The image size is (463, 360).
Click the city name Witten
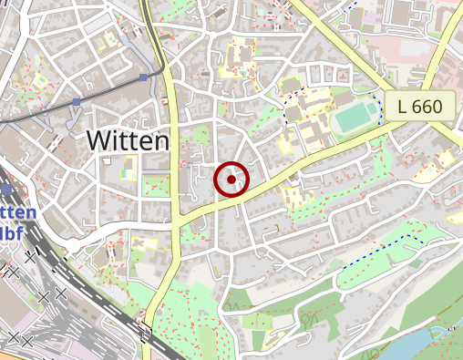point(129,141)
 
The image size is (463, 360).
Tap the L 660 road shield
point(420,107)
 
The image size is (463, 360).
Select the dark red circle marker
point(232,180)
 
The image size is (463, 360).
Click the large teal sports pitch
point(355,118)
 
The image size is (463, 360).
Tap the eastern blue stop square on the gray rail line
point(143,78)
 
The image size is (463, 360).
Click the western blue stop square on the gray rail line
point(77,101)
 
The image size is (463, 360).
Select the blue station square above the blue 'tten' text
point(8,190)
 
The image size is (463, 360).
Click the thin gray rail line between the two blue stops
point(110,88)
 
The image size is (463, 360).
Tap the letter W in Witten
point(98,141)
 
